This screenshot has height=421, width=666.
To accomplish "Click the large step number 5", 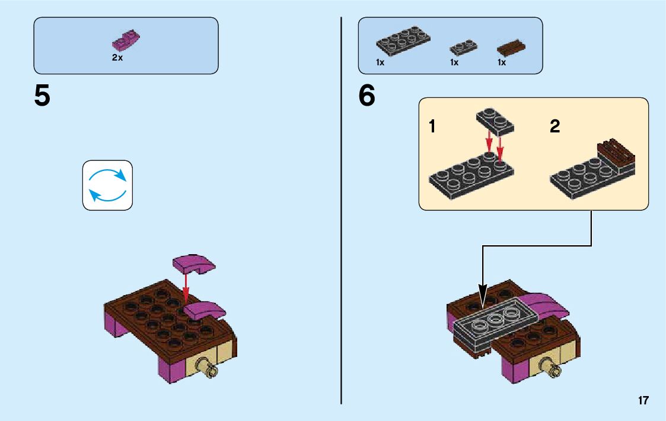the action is tap(42, 97).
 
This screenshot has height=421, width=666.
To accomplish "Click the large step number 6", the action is tap(367, 97).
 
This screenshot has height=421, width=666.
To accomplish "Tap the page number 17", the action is tap(643, 401).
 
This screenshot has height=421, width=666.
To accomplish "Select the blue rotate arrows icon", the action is tap(107, 185).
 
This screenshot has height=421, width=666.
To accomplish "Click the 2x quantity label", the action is tap(117, 58).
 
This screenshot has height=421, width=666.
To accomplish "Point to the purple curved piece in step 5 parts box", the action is tap(126, 41).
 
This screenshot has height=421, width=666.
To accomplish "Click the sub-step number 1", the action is tap(433, 126).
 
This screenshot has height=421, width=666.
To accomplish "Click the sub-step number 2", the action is tap(555, 126).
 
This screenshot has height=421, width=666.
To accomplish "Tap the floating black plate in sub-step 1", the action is tap(495, 121).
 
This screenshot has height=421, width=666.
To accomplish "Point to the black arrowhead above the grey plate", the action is tap(483, 293).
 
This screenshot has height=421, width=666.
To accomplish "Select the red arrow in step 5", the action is tap(186, 286).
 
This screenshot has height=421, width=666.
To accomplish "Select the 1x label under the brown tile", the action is tap(502, 63).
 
